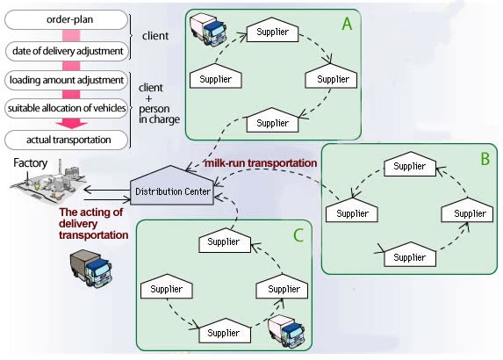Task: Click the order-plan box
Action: [x=67, y=19]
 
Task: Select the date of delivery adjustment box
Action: [x=67, y=51]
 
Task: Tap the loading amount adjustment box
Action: [x=67, y=80]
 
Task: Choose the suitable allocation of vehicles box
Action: [x=67, y=108]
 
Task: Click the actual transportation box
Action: [x=67, y=140]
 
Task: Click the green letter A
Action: [x=347, y=24]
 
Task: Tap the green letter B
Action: [x=485, y=159]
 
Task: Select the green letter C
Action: [x=298, y=235]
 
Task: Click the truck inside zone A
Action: [x=208, y=31]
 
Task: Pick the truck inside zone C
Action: [x=286, y=331]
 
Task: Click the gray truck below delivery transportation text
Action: [x=91, y=268]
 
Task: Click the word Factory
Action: [x=30, y=163]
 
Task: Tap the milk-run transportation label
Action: [x=261, y=163]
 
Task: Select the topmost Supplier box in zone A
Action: [x=272, y=30]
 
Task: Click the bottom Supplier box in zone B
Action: [x=410, y=255]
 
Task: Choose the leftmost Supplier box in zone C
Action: [x=167, y=286]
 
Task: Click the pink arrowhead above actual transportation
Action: [x=71, y=124]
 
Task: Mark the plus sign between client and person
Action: [x=148, y=98]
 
